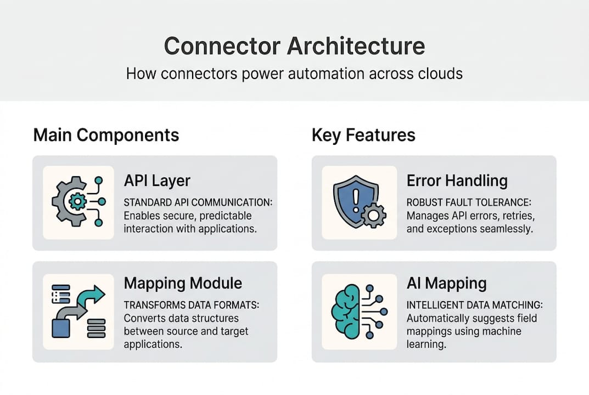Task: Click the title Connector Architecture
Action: [x=294, y=46]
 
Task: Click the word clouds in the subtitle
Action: [x=438, y=74]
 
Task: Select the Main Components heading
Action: [x=106, y=135]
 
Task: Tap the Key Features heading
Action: [x=363, y=135]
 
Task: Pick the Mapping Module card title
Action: [x=183, y=283]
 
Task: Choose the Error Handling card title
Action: [x=457, y=180]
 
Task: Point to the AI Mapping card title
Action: [x=447, y=283]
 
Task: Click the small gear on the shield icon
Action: [x=374, y=215]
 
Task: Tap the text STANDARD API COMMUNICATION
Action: [x=198, y=202]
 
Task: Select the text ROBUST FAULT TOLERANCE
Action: [x=468, y=202]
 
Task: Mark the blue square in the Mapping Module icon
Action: [x=61, y=328]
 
